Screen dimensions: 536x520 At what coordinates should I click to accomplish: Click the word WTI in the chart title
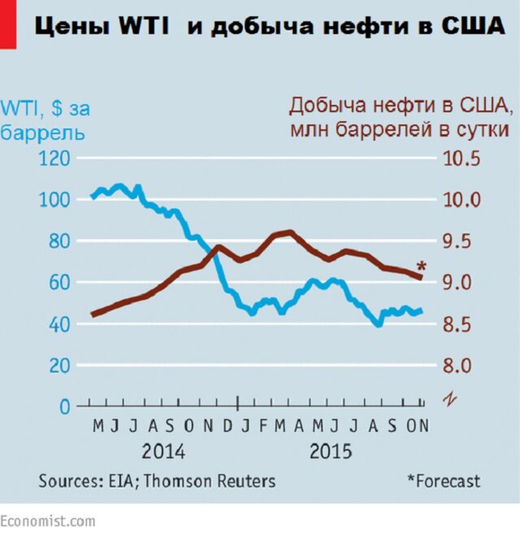click(x=145, y=26)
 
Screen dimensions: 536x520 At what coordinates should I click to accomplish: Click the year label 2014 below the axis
click(x=163, y=451)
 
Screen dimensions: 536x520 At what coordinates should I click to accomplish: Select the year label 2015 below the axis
click(x=331, y=451)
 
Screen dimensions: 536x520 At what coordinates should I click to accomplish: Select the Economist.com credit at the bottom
click(x=47, y=521)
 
